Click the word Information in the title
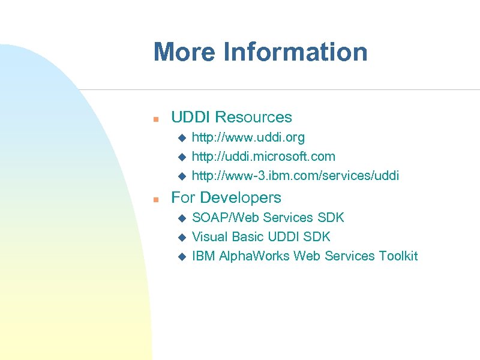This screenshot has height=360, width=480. (295, 52)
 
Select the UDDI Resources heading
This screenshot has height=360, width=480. (232, 117)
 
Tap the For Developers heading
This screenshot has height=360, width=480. (226, 197)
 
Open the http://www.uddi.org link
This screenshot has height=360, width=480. (248, 137)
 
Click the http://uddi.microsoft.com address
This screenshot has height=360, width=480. (263, 157)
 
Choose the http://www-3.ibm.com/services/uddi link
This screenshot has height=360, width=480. (295, 176)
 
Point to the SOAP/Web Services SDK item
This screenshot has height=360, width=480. (268, 217)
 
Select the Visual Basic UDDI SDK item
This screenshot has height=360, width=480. (261, 236)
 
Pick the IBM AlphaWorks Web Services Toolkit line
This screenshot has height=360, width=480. (304, 256)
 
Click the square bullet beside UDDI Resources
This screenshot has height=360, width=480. (155, 118)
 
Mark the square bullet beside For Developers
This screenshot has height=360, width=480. (155, 199)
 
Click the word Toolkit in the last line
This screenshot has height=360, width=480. (398, 256)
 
